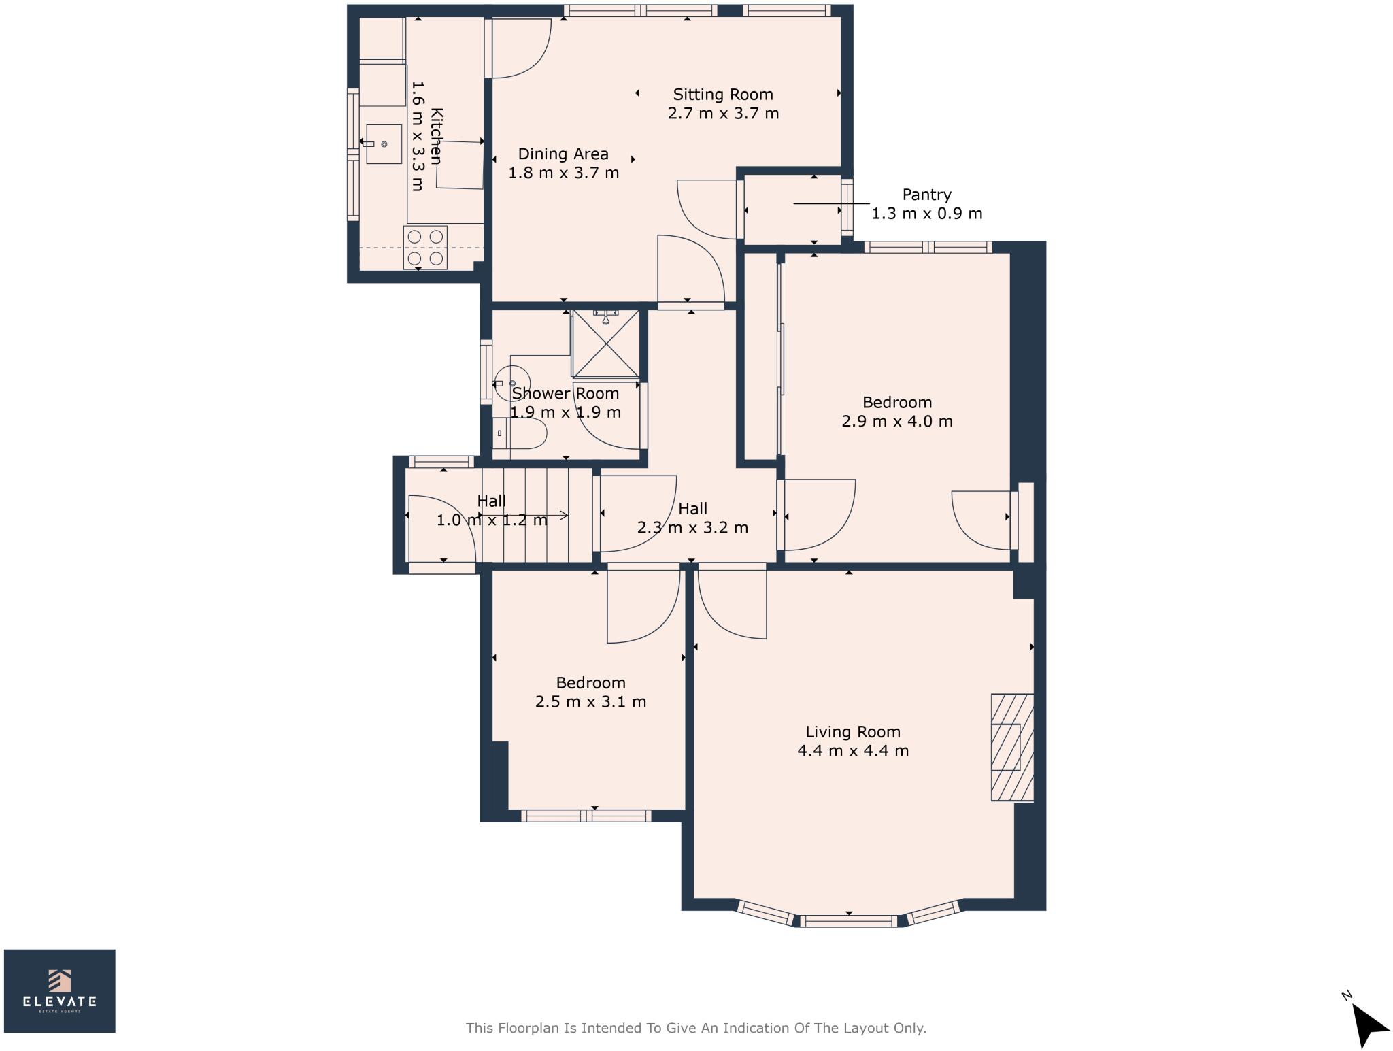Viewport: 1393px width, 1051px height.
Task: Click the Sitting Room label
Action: pos(722,95)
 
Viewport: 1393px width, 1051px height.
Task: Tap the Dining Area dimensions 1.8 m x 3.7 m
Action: pos(563,173)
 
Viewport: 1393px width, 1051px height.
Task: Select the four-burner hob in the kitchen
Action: pos(425,248)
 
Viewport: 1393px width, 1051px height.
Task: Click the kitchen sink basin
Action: pos(384,144)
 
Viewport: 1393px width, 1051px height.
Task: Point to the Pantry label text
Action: pos(926,195)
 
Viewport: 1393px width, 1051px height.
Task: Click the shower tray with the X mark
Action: pos(605,344)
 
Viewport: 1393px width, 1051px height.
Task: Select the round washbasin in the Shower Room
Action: pos(511,383)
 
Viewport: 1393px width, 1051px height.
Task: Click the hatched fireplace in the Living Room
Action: pos(1011,747)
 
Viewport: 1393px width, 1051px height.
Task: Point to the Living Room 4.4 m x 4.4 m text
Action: pos(852,751)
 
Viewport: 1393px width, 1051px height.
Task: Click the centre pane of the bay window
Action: pos(848,921)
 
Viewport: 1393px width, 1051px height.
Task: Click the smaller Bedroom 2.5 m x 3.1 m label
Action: pos(590,683)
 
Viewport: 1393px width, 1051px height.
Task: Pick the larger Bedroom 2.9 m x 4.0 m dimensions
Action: pos(896,421)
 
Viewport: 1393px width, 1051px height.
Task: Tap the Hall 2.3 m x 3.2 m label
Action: pos(692,518)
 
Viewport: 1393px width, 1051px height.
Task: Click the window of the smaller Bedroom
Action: pos(586,816)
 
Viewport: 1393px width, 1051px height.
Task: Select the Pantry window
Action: pos(847,207)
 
